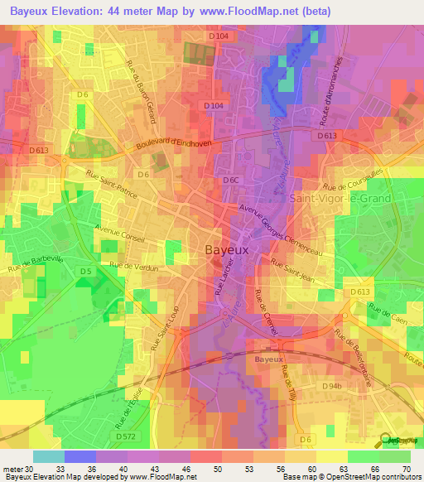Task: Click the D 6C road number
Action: (x=230, y=179)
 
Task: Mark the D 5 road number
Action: (x=85, y=271)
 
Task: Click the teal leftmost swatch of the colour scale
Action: (x=49, y=456)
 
